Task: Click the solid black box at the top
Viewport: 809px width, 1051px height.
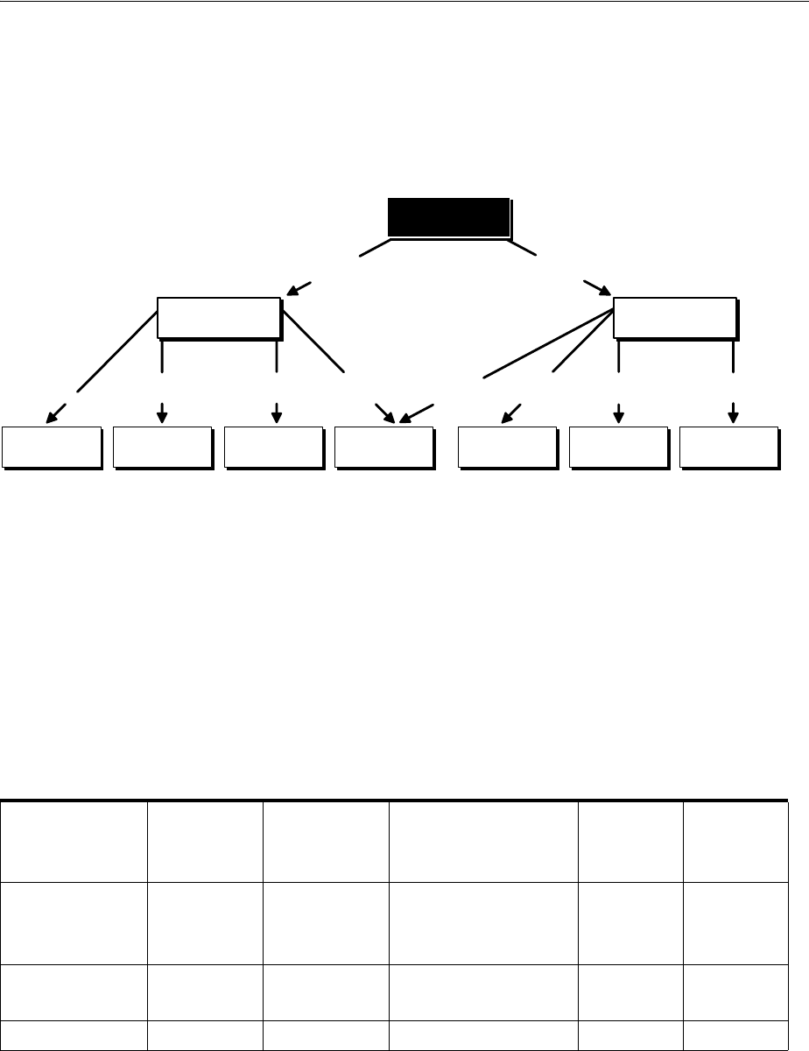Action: click(448, 217)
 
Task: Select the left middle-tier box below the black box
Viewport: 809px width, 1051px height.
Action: click(219, 317)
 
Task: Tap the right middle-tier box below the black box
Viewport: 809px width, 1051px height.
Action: click(675, 317)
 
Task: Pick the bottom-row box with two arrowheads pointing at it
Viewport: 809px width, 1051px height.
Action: click(383, 448)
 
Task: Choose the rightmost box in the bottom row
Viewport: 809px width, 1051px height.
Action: click(728, 448)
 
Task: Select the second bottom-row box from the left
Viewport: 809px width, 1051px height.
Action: click(163, 448)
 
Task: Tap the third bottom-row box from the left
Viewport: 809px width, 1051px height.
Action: click(273, 448)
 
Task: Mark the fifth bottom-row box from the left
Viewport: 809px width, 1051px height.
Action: click(508, 448)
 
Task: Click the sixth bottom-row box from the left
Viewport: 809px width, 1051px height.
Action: click(618, 448)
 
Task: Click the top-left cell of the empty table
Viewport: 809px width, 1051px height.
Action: click(74, 843)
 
